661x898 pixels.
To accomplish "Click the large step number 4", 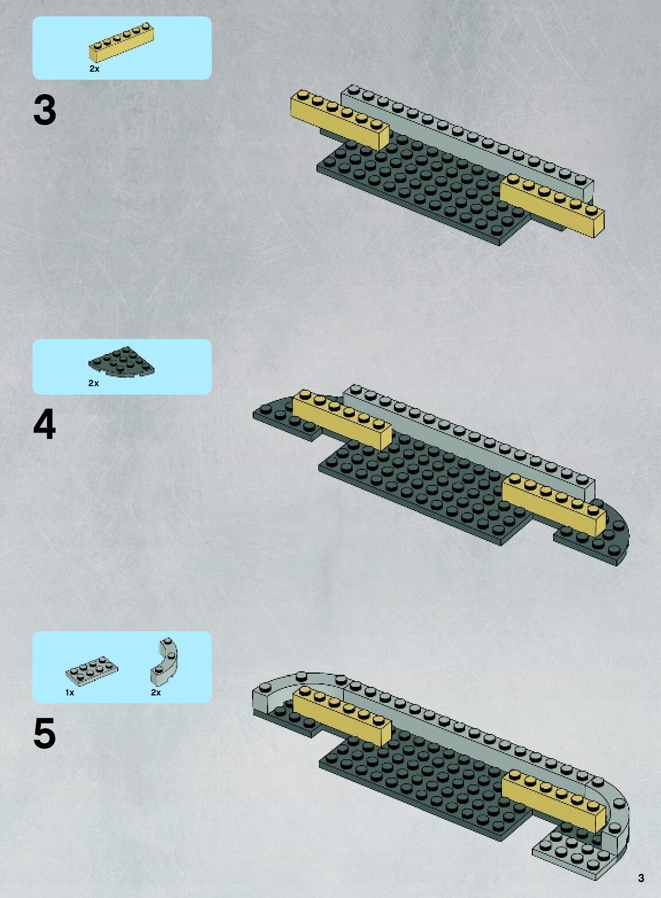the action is click(45, 425).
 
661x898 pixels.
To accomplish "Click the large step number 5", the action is click(45, 733).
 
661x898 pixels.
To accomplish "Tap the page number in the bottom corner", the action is click(641, 878).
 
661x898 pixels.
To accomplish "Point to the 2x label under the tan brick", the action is click(94, 69).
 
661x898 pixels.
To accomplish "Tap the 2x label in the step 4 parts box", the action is click(94, 383).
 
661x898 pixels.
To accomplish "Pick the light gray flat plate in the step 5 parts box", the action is click(92, 672).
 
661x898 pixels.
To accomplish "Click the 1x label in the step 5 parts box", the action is click(69, 693).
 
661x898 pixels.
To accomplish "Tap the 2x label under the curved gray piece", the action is click(156, 693).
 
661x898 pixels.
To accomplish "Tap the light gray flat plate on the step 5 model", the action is click(574, 855).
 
